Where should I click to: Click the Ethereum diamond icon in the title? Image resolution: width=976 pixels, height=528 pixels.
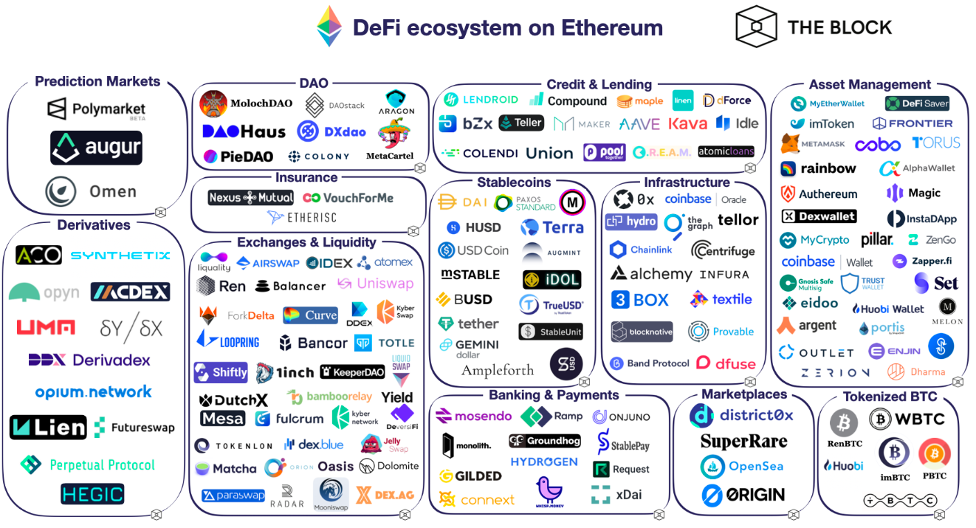(329, 27)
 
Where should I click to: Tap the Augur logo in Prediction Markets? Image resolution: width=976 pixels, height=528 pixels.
(96, 148)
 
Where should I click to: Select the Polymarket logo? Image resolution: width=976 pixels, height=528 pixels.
(96, 110)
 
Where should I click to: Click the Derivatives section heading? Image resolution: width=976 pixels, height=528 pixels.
(94, 225)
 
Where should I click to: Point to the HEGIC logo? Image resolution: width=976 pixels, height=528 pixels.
(92, 494)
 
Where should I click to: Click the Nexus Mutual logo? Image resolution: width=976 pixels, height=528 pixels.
(252, 198)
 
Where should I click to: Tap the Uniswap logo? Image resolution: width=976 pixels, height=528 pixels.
(375, 284)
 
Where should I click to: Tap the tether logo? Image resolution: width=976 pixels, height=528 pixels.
(468, 323)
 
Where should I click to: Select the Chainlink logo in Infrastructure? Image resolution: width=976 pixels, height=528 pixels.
(641, 250)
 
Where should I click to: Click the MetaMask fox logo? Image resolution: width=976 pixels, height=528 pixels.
(791, 143)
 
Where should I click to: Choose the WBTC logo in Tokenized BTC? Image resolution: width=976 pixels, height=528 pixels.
(907, 419)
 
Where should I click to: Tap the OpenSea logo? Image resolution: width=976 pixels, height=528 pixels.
(742, 467)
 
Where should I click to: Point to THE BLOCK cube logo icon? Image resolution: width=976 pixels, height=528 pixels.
(757, 26)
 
